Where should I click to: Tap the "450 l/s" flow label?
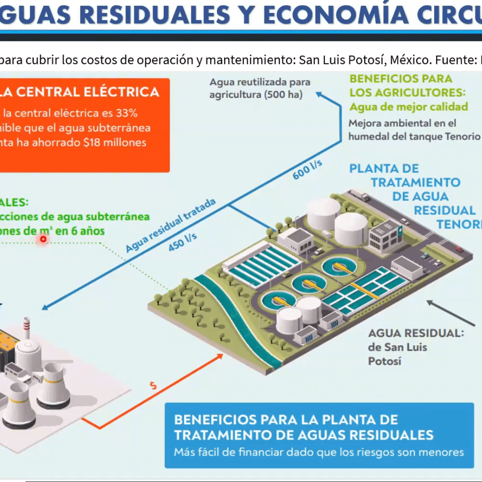coord(183,242)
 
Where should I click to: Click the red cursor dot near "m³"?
coord(43,239)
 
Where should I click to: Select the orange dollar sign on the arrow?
coord(154,385)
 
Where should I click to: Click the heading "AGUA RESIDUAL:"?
coord(416,333)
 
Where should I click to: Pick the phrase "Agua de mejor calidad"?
coord(408,107)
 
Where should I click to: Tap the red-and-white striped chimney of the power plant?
coord(27,328)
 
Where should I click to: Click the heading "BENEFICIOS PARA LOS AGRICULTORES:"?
coord(407,86)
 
